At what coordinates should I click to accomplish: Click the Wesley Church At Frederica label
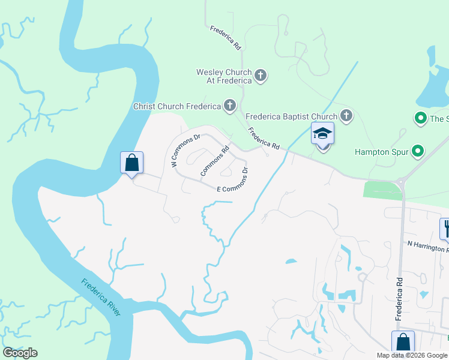[224, 76]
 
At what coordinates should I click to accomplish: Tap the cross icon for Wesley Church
[261, 76]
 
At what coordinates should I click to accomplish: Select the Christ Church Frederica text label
[176, 107]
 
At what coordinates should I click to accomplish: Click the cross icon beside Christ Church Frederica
[229, 107]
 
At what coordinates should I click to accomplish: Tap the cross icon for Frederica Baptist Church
[346, 115]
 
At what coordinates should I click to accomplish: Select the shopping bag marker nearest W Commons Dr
[132, 163]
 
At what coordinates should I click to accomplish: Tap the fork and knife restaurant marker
[445, 228]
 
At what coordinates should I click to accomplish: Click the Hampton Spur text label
[381, 152]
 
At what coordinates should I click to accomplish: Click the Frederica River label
[101, 297]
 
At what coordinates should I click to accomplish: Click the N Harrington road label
[427, 246]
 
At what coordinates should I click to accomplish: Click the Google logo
[20, 353]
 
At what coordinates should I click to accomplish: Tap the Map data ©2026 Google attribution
[411, 355]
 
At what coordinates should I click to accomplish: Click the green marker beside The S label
[421, 118]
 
